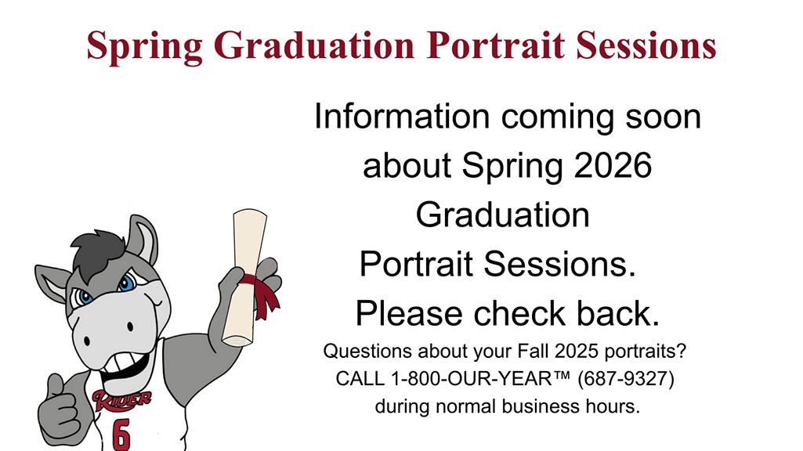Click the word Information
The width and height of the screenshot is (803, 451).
pos(401,117)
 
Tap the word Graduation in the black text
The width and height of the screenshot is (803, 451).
pos(502,215)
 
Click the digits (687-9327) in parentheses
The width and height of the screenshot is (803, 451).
pos(625,379)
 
